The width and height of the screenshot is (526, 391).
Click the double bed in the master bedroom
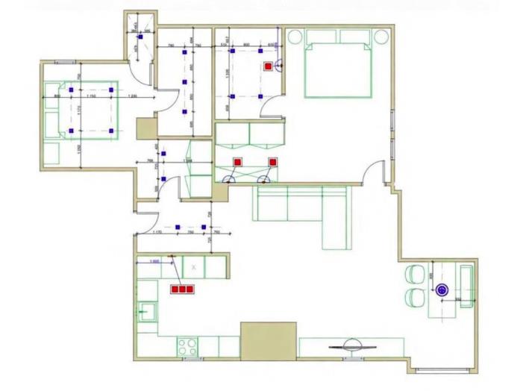(x=337, y=69)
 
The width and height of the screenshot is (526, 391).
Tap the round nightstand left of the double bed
(x=295, y=36)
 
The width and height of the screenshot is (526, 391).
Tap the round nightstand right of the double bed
(x=382, y=36)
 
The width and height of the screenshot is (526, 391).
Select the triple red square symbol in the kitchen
(x=182, y=289)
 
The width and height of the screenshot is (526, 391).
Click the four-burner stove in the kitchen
(x=187, y=346)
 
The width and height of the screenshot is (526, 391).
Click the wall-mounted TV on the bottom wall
(x=351, y=345)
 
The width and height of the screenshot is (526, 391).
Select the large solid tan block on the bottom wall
(x=268, y=340)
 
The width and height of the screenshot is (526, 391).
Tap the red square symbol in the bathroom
(x=267, y=66)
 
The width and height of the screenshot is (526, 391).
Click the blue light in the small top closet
(x=140, y=34)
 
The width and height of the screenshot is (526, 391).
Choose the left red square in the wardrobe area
(x=238, y=161)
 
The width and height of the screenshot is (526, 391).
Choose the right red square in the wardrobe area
(x=272, y=161)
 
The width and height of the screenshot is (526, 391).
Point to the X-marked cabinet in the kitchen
(x=194, y=266)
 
